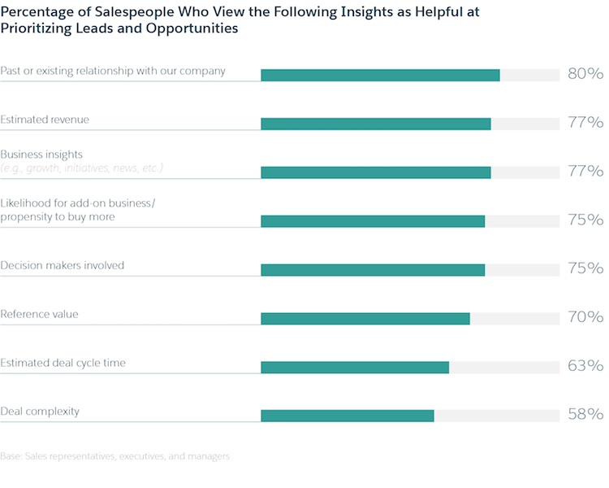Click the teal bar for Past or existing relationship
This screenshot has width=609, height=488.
[380, 75]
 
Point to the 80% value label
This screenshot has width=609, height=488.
[585, 74]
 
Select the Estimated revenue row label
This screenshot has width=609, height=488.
[45, 120]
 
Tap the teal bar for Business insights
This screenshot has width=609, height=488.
[376, 172]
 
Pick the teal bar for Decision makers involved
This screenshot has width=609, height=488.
[373, 270]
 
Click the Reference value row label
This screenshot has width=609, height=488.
[39, 314]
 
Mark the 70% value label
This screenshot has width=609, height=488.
[585, 317]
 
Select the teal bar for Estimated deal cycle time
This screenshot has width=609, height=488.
[355, 367]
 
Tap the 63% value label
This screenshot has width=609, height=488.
[585, 366]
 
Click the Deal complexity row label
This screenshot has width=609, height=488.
[40, 412]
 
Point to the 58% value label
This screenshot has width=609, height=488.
[585, 415]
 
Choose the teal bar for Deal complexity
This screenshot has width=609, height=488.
[348, 416]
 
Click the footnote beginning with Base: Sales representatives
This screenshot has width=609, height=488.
[114, 456]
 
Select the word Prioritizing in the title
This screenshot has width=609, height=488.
[34, 28]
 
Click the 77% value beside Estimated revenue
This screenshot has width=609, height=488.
[585, 123]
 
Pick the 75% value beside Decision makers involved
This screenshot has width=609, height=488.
[585, 268]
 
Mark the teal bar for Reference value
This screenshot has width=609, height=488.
[365, 319]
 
